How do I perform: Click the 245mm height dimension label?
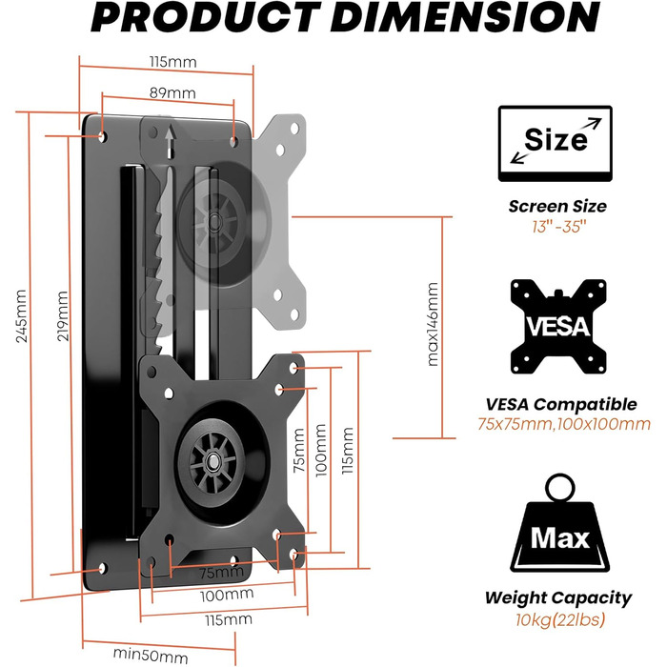click(21, 316)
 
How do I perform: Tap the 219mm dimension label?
click(63, 316)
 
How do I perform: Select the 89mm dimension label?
click(172, 92)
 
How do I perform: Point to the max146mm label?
click(433, 324)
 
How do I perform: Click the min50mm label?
click(151, 656)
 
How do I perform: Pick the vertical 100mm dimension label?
click(321, 450)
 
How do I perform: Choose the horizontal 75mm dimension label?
click(222, 573)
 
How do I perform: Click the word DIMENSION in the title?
click(465, 17)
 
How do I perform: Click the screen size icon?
click(556, 144)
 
